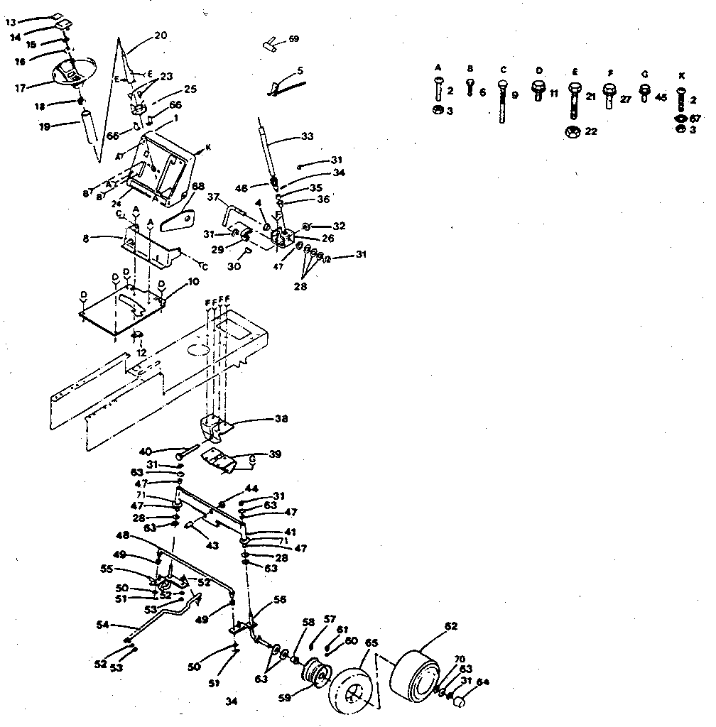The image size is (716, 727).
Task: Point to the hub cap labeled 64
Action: point(460,700)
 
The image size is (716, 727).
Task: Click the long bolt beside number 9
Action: point(502,104)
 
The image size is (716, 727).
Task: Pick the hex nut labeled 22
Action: point(572,132)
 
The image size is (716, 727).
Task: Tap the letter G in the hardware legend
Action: point(644,73)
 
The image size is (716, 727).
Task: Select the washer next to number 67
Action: point(681,117)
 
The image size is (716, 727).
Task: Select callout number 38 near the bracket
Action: point(281,419)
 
